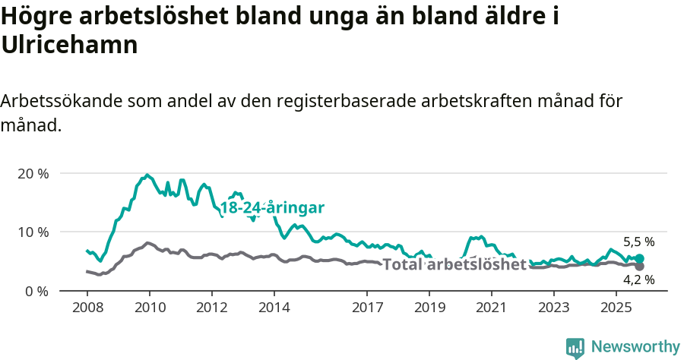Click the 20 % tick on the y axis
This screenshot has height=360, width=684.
tap(32, 173)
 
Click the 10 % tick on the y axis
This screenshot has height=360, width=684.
tap(32, 232)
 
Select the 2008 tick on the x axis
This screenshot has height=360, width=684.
tap(87, 308)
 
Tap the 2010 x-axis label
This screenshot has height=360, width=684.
tap(149, 308)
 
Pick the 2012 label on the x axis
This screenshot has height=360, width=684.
tap(211, 308)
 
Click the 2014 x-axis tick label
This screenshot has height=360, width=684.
tap(274, 308)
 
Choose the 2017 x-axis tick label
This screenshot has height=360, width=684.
tap(366, 308)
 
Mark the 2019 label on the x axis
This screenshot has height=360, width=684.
tap(429, 308)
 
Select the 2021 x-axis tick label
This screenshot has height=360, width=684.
tap(491, 308)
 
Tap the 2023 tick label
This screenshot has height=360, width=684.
tap(553, 308)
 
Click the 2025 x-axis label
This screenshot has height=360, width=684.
tap(615, 308)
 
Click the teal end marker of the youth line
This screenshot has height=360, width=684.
tap(640, 259)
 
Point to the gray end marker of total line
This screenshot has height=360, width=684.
tap(640, 267)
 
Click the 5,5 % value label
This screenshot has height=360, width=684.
tap(639, 242)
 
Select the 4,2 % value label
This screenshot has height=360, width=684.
tap(639, 280)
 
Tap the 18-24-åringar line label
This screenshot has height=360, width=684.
tap(273, 208)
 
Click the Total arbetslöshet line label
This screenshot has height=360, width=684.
tap(454, 264)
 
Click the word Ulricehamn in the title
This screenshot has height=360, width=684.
tap(69, 45)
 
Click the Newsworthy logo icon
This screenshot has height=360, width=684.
tap(575, 347)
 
